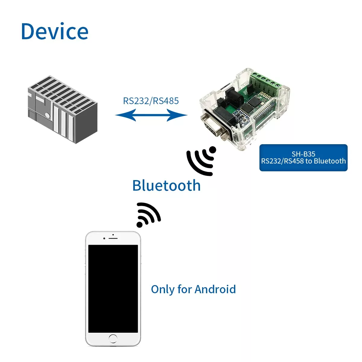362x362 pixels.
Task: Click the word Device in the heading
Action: tap(55, 32)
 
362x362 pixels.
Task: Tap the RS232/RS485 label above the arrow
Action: tap(151, 101)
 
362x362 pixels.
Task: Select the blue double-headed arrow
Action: tap(151, 115)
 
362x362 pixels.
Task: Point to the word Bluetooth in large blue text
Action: tap(166, 186)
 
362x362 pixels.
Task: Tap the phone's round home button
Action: tap(113, 338)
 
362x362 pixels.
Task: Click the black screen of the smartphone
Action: tap(113, 288)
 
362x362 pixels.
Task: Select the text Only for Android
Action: tap(193, 289)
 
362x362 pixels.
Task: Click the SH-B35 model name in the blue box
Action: tap(303, 154)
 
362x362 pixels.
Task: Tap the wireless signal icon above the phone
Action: tap(148, 215)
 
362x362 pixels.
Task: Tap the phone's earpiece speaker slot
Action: tap(113, 238)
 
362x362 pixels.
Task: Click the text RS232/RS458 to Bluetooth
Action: tap(303, 161)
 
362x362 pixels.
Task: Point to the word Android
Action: tap(215, 289)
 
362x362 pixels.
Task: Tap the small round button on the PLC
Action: tap(47, 115)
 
